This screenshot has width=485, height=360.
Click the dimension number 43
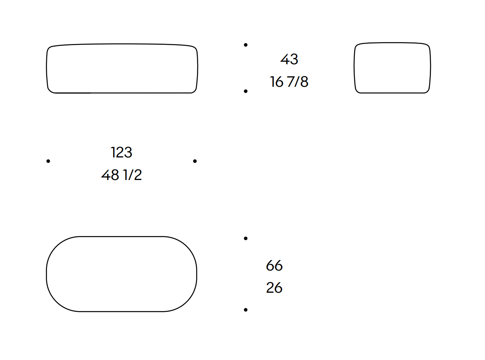click(289, 59)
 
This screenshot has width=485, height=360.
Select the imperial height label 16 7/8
click(289, 82)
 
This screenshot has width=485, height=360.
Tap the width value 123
click(121, 152)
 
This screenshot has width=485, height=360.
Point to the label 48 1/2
click(121, 175)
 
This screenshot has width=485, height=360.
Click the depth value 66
click(274, 266)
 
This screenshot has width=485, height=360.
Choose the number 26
click(274, 287)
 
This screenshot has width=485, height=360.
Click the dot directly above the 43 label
click(246, 45)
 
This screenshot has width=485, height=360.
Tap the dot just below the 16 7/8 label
click(246, 91)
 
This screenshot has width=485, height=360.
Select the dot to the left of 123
click(48, 161)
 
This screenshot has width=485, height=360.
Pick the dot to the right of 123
click(195, 161)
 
